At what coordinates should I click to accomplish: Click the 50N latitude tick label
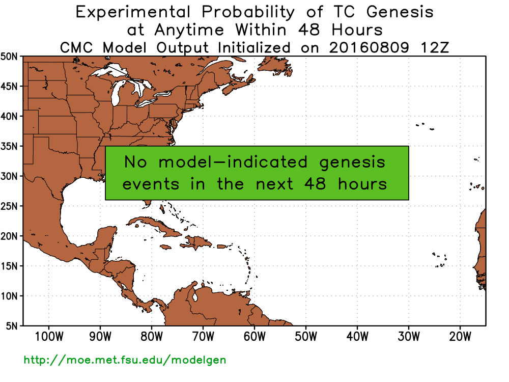9,57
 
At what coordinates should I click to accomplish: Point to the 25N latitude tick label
9,206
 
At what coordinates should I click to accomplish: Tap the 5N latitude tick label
12,326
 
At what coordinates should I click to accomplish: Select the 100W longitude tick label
49,337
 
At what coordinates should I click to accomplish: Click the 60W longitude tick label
254,337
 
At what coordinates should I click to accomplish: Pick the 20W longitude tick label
460,337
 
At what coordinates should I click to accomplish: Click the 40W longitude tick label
357,337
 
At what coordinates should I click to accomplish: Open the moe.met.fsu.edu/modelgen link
125,360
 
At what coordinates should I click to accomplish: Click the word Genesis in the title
400,12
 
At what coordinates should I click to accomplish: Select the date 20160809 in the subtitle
369,48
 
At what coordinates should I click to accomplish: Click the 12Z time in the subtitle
435,48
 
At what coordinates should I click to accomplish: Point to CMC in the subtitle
76,48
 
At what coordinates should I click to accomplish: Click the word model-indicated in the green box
233,162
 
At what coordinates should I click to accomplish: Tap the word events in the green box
151,184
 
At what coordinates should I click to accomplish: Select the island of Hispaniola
198,242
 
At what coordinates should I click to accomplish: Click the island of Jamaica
165,248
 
